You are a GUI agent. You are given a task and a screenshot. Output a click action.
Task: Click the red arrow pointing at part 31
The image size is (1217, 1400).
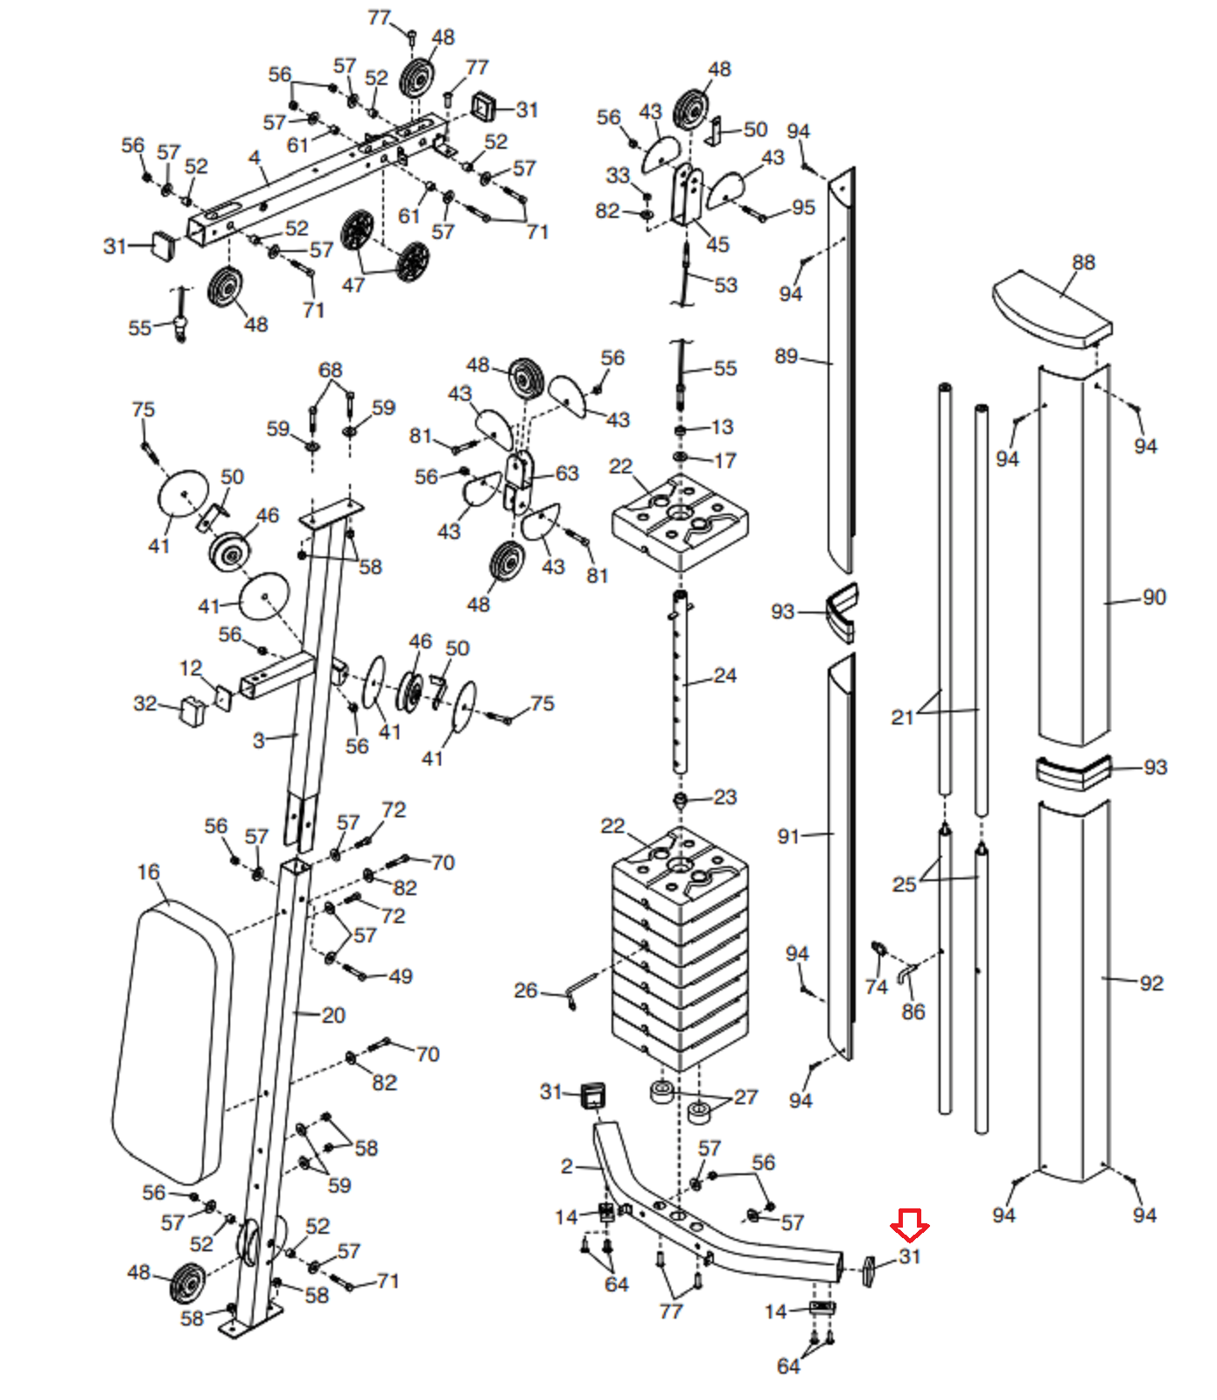[x=910, y=1225]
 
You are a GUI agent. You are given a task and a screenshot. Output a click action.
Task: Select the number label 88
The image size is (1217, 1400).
[x=1083, y=262]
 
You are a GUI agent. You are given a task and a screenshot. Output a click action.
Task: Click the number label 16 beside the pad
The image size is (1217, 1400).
[x=149, y=872]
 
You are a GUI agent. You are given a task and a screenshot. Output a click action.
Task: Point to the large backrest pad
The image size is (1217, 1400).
[x=172, y=1041]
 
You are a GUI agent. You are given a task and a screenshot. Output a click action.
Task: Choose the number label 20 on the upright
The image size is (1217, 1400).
[x=333, y=1015]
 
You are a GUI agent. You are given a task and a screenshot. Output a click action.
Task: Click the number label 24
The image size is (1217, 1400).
[x=724, y=675]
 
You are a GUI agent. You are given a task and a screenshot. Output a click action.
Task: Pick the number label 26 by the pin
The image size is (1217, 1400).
[x=525, y=990]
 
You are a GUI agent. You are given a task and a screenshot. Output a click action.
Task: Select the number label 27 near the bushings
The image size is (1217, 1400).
[x=745, y=1097]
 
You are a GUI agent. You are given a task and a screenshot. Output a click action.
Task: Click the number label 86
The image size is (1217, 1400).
[x=913, y=1012]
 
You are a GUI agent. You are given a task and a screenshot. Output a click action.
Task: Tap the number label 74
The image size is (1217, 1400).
[x=876, y=987]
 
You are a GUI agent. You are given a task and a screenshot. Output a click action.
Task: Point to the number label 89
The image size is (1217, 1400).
[x=786, y=356]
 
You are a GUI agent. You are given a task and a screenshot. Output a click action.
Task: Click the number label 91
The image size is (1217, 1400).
[x=788, y=836]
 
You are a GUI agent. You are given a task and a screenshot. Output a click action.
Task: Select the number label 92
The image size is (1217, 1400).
[x=1151, y=983]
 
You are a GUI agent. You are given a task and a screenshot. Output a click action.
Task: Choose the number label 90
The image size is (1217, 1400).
[x=1154, y=598]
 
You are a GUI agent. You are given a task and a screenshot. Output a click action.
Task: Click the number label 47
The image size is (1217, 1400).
[x=353, y=285]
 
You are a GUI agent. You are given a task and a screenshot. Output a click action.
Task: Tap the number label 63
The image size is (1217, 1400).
[x=567, y=473]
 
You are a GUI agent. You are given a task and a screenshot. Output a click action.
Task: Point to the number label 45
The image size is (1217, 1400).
[x=717, y=244]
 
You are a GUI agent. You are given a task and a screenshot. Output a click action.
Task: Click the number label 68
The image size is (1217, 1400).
[x=330, y=370]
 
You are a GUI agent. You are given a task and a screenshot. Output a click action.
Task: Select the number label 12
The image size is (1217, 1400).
[x=191, y=668]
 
